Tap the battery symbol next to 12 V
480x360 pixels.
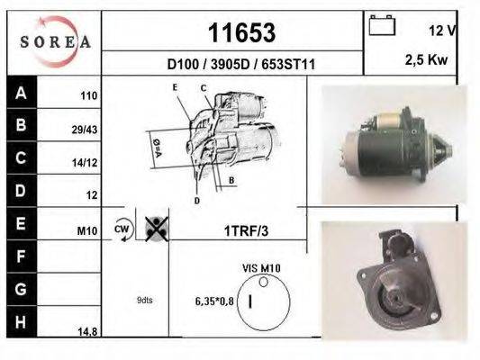click(x=382, y=25)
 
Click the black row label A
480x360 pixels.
click(x=21, y=92)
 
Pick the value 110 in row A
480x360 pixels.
click(x=87, y=94)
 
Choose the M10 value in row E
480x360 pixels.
click(x=86, y=231)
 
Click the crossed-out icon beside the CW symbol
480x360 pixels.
click(x=155, y=229)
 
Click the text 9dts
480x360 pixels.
click(x=145, y=300)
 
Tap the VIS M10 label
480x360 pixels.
click(x=261, y=267)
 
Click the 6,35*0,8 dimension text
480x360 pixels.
click(x=214, y=301)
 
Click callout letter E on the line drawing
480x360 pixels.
click(x=176, y=87)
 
